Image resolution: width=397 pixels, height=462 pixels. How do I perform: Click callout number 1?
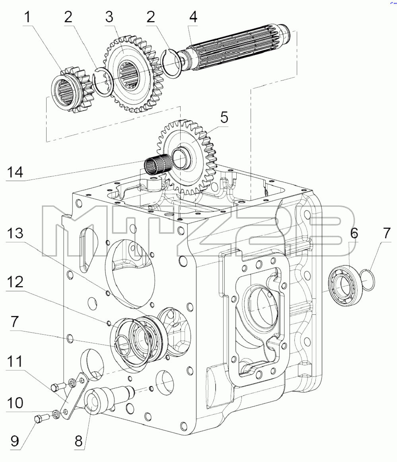click(x=28, y=17)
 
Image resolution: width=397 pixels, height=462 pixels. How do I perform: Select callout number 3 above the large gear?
click(x=109, y=17)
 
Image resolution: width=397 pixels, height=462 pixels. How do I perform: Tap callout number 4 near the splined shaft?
click(x=193, y=17)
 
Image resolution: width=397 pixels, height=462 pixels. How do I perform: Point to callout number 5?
click(x=224, y=117)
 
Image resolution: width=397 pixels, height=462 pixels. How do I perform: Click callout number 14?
click(x=15, y=172)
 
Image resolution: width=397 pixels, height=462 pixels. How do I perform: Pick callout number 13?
click(x=15, y=233)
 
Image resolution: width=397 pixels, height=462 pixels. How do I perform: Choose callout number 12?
click(x=15, y=282)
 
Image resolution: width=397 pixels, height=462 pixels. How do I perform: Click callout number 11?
click(x=15, y=361)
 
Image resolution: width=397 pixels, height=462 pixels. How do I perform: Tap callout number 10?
click(x=15, y=402)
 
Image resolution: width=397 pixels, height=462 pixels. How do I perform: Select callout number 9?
click(x=15, y=441)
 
